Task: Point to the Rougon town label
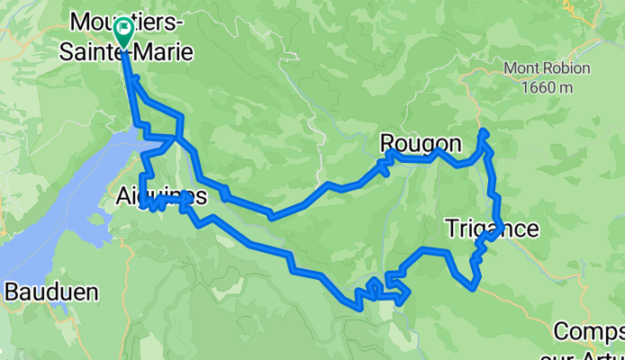click(421, 143)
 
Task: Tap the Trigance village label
click(493, 229)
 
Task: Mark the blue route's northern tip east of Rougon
click(485, 131)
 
